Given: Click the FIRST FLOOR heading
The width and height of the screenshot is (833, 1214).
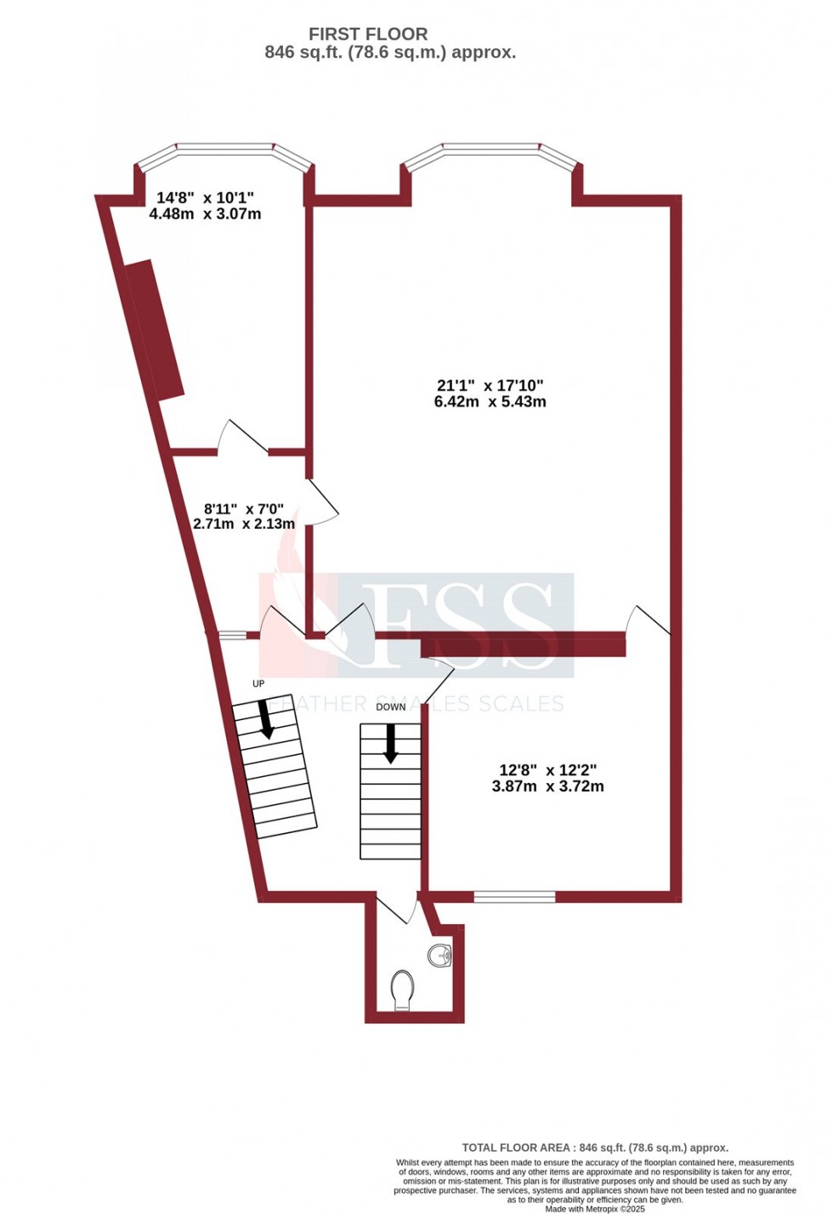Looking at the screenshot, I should tap(367, 34).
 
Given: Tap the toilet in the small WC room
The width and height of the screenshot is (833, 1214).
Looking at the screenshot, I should tap(403, 990).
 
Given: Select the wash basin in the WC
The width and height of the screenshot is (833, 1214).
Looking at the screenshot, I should tap(440, 955).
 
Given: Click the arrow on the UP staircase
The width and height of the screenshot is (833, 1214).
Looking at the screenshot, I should tap(266, 718).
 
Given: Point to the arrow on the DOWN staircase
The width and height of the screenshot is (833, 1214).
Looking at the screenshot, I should tap(391, 743).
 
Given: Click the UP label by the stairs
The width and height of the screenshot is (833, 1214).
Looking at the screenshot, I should tap(258, 684).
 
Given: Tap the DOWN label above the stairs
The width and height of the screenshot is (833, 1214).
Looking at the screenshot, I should tap(391, 706).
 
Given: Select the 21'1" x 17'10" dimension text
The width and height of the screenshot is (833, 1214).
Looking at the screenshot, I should tap(490, 386).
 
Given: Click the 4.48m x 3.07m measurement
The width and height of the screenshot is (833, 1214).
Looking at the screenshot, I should tap(205, 214).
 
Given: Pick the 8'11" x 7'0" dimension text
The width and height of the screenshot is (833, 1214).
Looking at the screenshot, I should tap(244, 509).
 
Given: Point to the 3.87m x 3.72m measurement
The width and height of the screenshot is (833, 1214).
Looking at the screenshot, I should tap(547, 786).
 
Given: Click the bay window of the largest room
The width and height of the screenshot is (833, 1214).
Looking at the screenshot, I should tap(491, 152).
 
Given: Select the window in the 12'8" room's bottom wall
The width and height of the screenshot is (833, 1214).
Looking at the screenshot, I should tap(514, 896).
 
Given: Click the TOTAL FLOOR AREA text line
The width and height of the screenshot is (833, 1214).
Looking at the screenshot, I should tap(595, 1148).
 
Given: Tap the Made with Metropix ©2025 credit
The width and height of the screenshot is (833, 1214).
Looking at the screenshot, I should tap(595, 1208).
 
